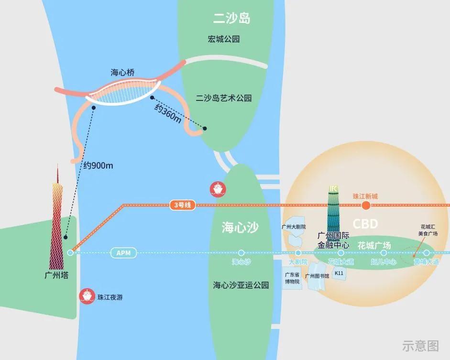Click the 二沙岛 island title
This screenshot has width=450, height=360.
[x=232, y=19]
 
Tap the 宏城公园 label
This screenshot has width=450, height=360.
[x=224, y=39]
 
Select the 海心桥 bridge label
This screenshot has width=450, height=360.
[x=122, y=73]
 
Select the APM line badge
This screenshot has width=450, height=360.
[x=123, y=252]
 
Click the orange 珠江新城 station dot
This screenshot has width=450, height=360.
[x=366, y=206]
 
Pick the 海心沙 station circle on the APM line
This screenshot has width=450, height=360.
[x=241, y=252]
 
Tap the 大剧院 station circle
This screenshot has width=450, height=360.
[x=298, y=252]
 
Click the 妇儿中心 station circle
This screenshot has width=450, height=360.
[x=384, y=252]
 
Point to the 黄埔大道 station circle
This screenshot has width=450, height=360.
[x=427, y=252]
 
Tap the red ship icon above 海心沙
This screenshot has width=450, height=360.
[x=218, y=189]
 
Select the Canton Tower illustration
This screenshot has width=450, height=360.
[x=57, y=225]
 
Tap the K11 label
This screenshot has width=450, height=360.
[x=339, y=273]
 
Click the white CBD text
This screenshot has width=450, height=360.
[x=365, y=224]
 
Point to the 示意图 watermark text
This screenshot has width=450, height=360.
[x=421, y=345]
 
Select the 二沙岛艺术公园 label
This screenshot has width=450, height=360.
[x=224, y=98]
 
